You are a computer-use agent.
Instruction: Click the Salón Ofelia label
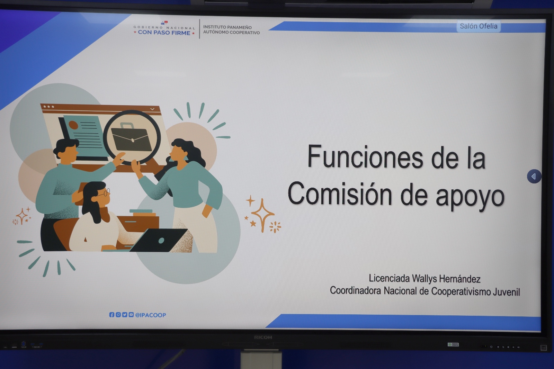[478, 26]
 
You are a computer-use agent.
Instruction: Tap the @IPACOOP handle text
[151, 315]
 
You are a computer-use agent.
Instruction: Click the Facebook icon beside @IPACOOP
[112, 315]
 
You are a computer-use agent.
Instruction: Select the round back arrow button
[534, 176]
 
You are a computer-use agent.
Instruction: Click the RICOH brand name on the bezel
[263, 337]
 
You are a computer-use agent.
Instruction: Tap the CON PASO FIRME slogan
[164, 33]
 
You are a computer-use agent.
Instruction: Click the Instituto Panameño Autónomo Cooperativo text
[231, 30]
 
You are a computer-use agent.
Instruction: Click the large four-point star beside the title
[263, 215]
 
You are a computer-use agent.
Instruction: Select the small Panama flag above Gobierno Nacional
[164, 23]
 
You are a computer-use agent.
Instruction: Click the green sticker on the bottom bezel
[453, 344]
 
